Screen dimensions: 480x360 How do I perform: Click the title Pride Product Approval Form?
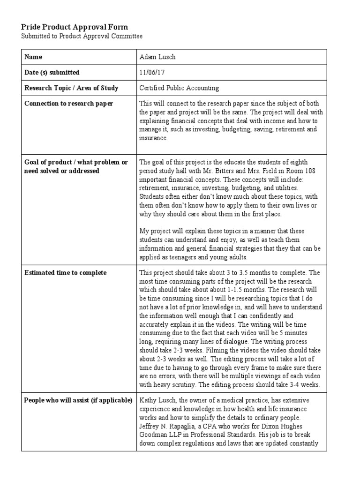click(75, 27)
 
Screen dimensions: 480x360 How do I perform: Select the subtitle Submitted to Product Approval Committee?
click(82, 36)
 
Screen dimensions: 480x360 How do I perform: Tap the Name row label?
click(33, 57)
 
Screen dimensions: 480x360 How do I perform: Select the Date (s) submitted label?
click(52, 73)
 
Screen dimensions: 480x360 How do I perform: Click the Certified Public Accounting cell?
click(179, 88)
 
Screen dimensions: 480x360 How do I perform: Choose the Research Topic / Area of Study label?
click(71, 88)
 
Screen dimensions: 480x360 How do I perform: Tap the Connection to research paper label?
click(68, 104)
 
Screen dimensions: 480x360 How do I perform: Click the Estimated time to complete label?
click(65, 273)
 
